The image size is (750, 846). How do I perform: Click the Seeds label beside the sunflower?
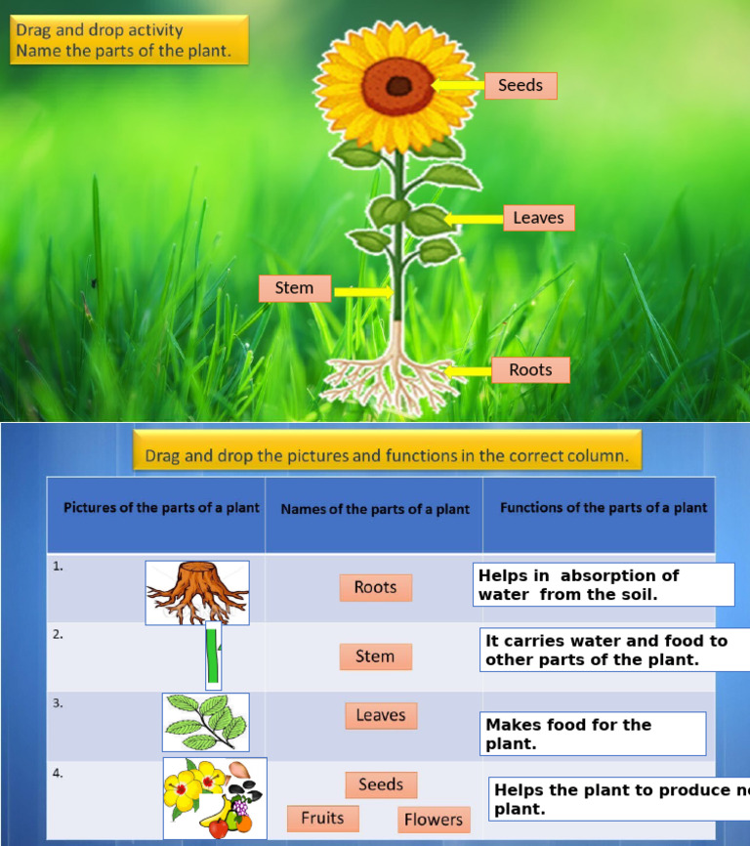coord(521,86)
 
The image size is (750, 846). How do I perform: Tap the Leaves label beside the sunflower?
coord(538,218)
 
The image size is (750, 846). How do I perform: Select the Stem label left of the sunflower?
coord(294,288)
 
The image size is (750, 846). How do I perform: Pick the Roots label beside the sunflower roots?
coord(530,370)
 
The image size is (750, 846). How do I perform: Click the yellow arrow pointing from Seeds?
coord(458,86)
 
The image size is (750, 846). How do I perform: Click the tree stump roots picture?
coord(197,593)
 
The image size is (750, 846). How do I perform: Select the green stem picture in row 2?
coord(212,658)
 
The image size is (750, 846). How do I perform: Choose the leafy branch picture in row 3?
coord(205,722)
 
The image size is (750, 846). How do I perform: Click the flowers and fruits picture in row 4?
coord(215,798)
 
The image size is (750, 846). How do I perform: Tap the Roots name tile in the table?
coord(375,587)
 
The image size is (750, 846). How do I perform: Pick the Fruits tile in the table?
coord(322,819)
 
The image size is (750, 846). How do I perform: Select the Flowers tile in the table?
coord(434,820)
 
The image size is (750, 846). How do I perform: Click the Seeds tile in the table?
coord(381,784)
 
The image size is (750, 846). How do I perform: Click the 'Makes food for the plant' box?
coord(595,734)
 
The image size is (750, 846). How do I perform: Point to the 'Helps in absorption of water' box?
coord(603,584)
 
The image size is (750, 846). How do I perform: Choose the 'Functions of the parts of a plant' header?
coord(604,508)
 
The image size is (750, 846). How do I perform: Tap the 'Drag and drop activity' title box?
coord(129,40)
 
